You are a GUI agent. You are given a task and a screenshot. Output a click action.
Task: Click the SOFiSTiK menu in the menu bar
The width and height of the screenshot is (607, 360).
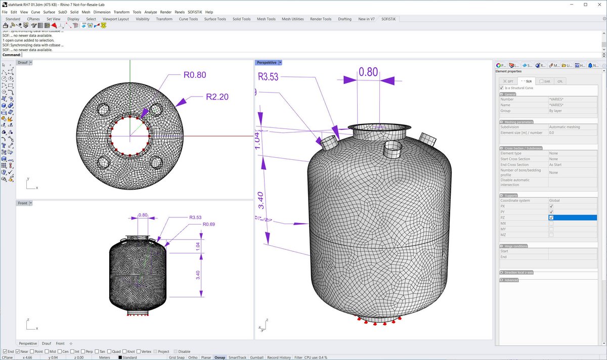(193, 12)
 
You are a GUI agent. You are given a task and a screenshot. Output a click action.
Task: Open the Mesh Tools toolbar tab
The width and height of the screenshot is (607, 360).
(266, 19)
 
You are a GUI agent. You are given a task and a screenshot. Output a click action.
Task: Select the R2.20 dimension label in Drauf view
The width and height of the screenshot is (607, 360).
(218, 97)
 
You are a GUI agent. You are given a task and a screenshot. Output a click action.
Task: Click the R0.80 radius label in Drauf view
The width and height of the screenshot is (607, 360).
(194, 75)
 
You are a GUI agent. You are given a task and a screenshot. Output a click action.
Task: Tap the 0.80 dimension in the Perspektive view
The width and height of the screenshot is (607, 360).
(368, 72)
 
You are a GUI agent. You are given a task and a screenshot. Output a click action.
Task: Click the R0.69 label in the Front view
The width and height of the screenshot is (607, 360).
(208, 223)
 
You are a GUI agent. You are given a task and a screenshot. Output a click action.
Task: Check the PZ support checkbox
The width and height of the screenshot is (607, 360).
(551, 217)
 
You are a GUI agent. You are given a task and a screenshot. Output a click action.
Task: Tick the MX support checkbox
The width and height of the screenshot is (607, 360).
(551, 223)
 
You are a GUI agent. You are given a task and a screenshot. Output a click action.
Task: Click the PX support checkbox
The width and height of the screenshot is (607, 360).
(551, 206)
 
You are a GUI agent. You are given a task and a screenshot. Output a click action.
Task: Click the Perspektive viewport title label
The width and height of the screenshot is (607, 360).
(267, 63)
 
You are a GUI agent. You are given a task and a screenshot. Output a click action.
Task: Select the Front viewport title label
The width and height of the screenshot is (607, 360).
(23, 203)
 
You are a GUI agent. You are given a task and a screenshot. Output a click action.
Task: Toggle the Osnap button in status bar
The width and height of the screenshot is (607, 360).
(220, 357)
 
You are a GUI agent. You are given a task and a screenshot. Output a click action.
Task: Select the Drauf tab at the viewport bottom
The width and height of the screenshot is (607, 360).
(46, 343)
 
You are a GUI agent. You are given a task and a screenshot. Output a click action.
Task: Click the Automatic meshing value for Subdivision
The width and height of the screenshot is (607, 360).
(564, 127)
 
